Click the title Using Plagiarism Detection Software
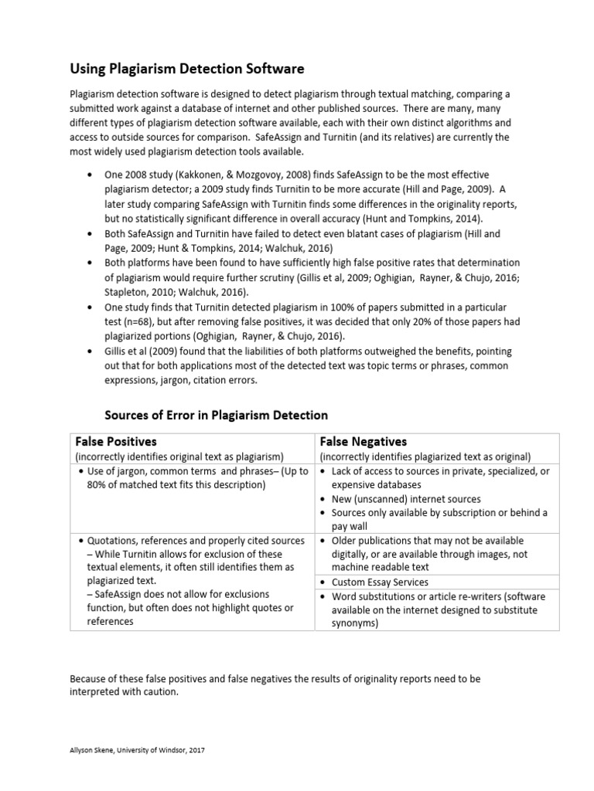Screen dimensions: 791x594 (187, 69)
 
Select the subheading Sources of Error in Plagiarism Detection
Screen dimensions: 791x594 (216, 415)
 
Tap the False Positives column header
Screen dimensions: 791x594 (116, 442)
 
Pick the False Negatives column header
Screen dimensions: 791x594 (364, 442)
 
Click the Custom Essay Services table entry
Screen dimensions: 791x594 (380, 582)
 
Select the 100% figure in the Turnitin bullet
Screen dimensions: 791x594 (329, 308)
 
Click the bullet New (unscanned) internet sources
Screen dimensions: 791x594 (406, 499)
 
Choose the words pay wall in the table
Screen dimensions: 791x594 (350, 526)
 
